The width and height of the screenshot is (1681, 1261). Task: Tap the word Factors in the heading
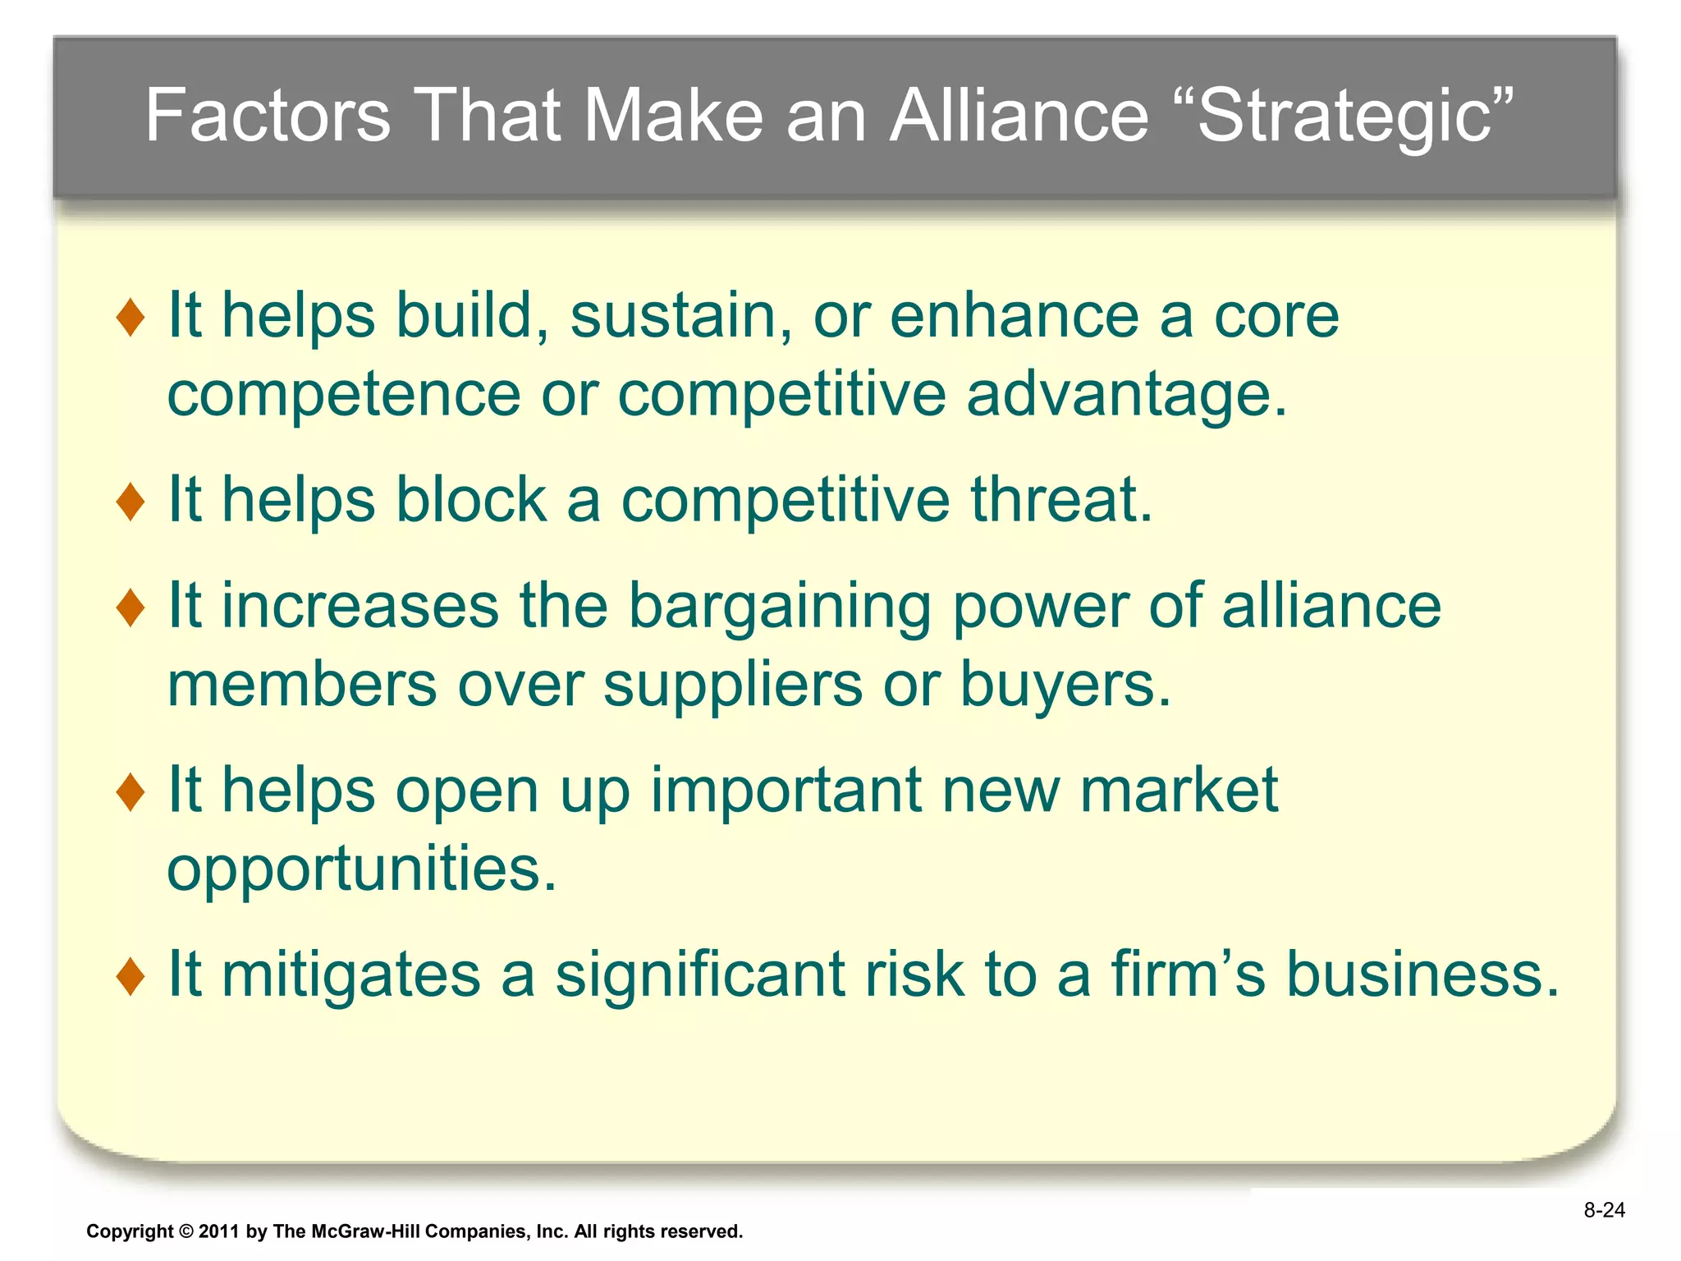[x=268, y=117]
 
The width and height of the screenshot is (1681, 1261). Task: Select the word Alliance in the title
[x=1019, y=117]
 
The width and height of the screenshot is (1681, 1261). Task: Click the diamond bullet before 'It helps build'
[x=131, y=317]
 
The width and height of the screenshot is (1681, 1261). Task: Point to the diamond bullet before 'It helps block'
[x=131, y=501]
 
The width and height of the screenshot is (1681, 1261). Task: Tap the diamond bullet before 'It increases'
[x=131, y=607]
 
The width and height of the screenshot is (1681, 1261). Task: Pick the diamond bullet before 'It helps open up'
[x=131, y=791]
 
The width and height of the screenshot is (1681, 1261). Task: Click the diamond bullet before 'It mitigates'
[x=131, y=976]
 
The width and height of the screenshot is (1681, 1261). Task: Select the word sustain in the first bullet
[x=681, y=317]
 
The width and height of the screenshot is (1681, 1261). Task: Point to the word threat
[x=1061, y=501]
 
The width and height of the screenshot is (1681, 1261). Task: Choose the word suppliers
[x=732, y=686]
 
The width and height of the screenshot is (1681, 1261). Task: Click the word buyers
[x=1065, y=686]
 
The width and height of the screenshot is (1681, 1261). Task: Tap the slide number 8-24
[x=1604, y=1210]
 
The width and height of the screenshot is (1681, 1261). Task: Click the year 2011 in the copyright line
[x=220, y=1231]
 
